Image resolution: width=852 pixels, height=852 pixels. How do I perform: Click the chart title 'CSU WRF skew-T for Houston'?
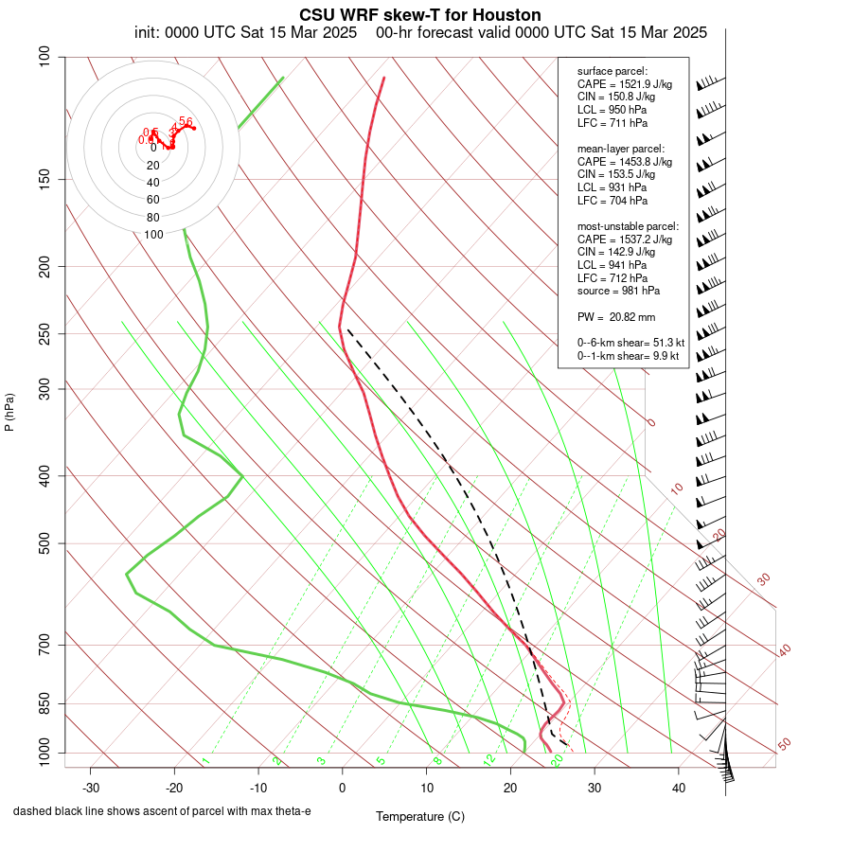coord(419,15)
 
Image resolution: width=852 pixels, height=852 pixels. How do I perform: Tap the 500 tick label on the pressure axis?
coord(44,543)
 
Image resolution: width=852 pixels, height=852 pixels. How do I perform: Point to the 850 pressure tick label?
coord(44,703)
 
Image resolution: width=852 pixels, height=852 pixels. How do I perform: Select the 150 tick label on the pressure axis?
coord(44,179)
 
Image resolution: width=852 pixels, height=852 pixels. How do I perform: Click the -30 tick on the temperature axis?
coord(91,788)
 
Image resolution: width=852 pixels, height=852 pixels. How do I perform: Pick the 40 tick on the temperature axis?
coord(679,788)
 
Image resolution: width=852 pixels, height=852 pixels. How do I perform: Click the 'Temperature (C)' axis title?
coord(419,816)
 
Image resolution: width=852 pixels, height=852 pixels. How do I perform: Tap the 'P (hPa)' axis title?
coord(9,413)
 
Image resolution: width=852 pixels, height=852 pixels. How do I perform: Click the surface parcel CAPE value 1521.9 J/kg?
coord(624,84)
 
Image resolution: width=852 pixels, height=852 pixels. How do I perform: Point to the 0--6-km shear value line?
coord(629,343)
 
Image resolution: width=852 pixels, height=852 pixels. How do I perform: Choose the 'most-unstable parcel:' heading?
coord(628,226)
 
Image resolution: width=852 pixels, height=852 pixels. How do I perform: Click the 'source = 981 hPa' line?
coord(618,291)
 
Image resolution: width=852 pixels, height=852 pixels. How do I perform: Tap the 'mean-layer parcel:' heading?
coord(621,149)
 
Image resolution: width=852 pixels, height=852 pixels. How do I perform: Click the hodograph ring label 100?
coord(153,235)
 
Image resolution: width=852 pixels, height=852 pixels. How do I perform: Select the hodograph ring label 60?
coord(153,200)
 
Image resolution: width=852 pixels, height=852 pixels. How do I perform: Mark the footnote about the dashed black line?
coord(162,811)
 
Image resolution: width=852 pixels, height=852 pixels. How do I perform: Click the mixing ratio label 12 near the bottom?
coord(489,760)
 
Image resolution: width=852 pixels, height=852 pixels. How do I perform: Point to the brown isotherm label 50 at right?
coord(784,745)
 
